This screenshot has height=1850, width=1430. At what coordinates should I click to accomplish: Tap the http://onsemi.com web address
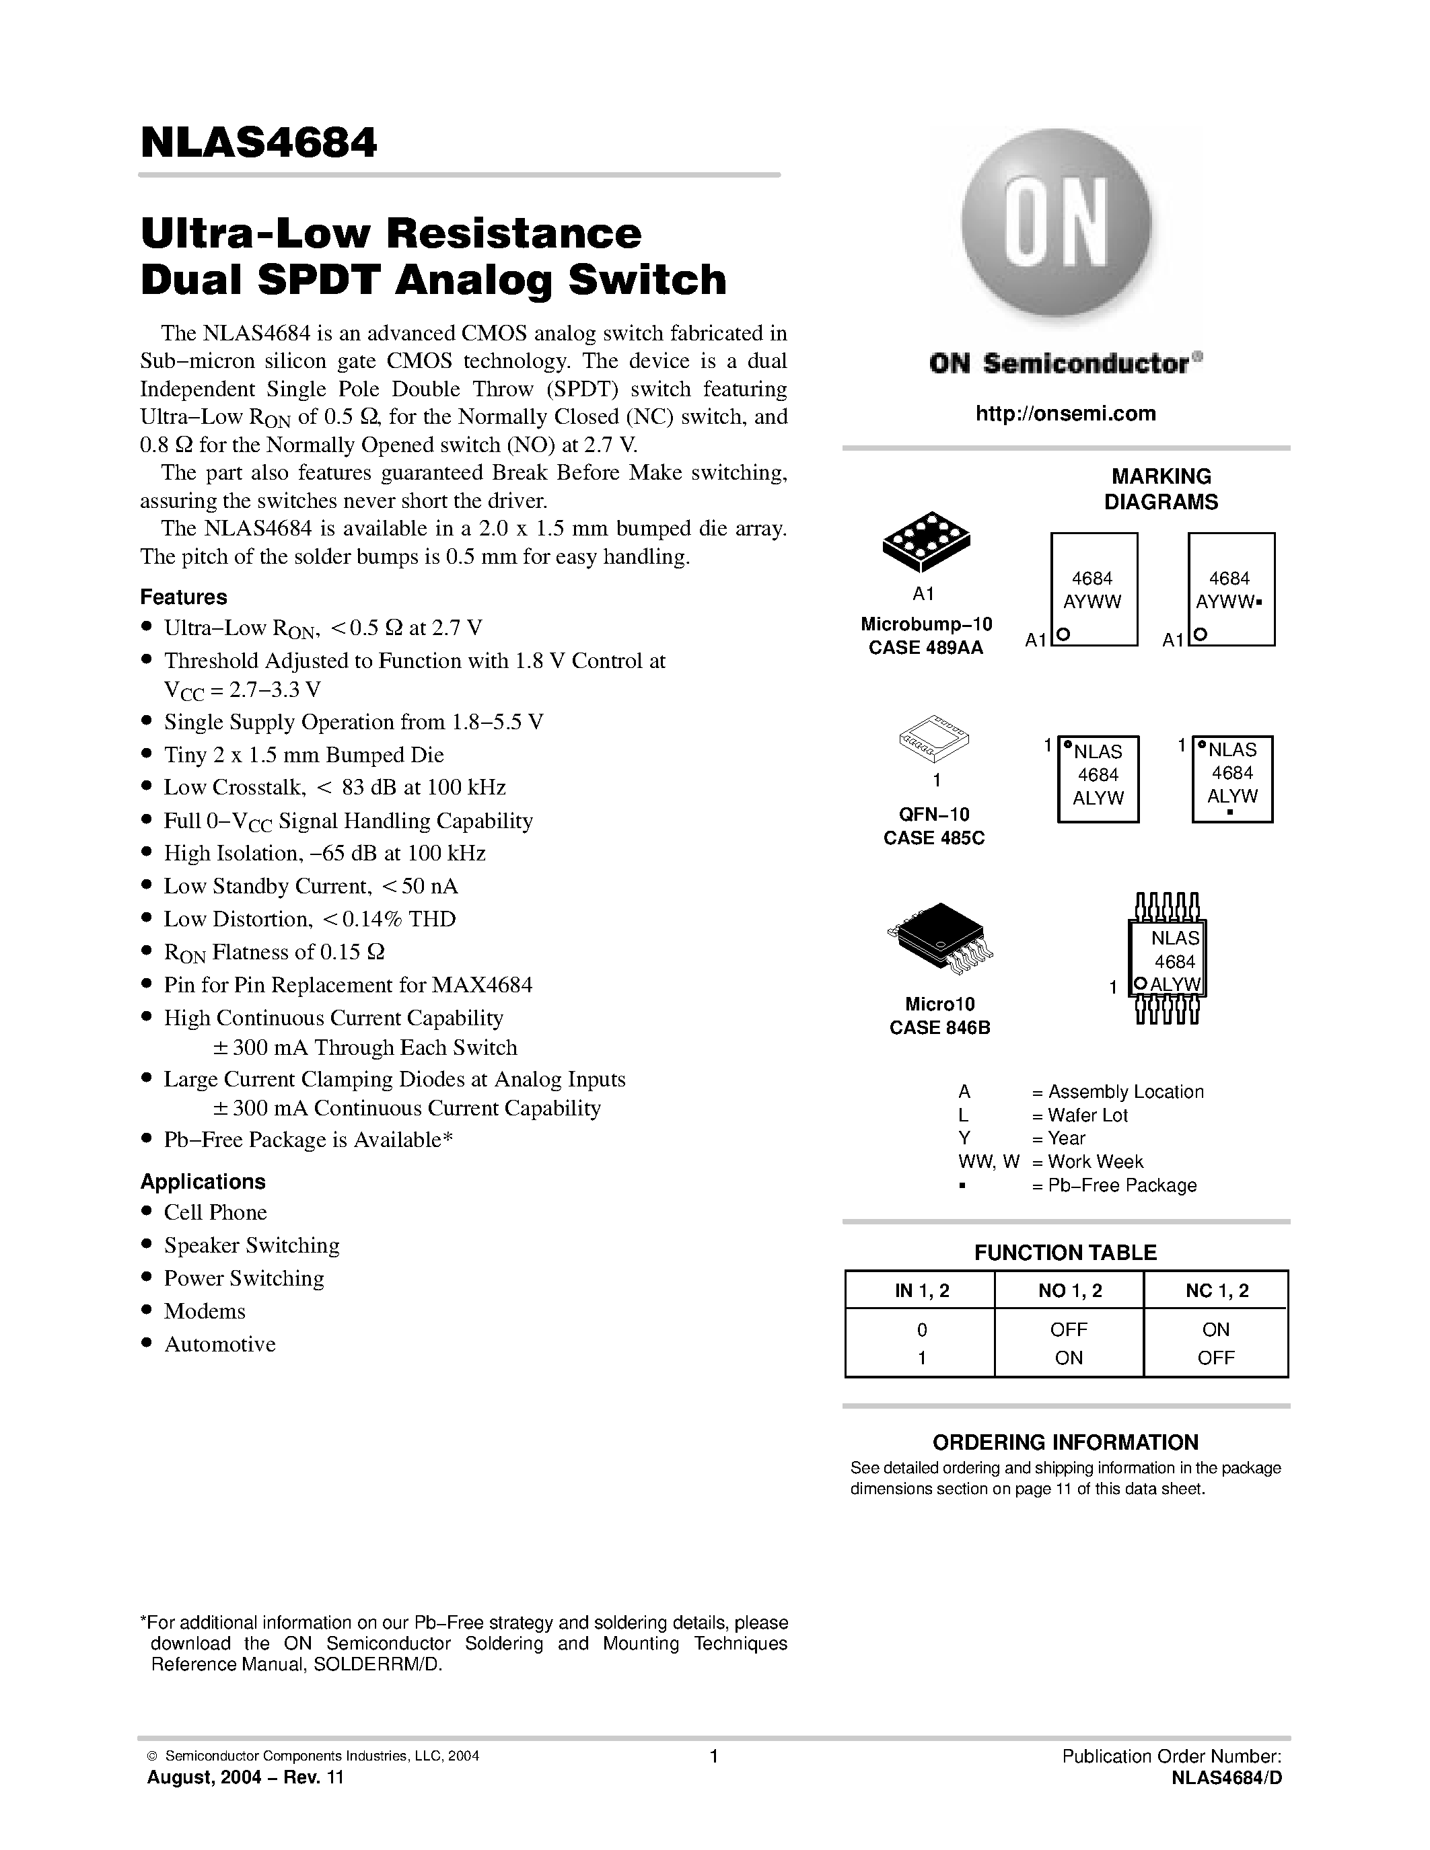(1065, 413)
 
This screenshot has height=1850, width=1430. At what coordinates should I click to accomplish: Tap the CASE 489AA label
(925, 648)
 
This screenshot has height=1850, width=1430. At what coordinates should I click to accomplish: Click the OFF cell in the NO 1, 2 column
(1068, 1330)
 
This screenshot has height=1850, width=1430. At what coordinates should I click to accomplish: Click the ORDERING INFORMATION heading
(1065, 1442)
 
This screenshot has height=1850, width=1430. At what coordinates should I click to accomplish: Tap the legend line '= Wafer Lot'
(1080, 1115)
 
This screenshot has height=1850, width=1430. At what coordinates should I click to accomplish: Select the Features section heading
(183, 597)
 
